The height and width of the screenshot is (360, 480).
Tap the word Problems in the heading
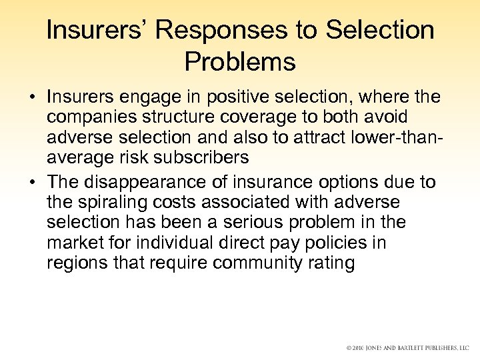(x=240, y=62)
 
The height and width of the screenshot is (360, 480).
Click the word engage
(x=159, y=97)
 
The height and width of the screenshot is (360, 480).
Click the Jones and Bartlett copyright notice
(x=407, y=348)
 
